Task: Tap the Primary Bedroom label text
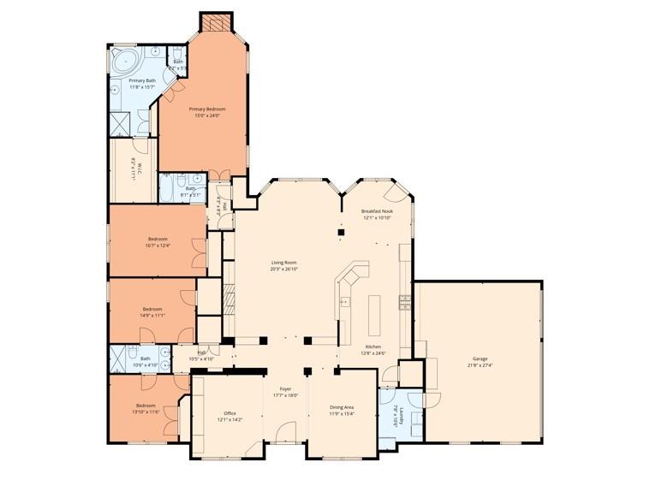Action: [x=207, y=109]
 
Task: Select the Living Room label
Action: [x=284, y=263]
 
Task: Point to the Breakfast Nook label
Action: [x=376, y=210]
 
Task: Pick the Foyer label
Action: [x=284, y=388]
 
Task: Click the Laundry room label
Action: [x=397, y=421]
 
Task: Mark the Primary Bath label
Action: [x=142, y=80]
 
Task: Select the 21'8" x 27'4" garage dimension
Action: [x=480, y=365]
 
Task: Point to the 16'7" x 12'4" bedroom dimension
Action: [x=158, y=246]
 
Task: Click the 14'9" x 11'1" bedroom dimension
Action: [x=152, y=315]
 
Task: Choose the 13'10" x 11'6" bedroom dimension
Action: [x=146, y=412]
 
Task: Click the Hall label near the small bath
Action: [x=202, y=352]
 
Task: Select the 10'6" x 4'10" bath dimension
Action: [x=146, y=365]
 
